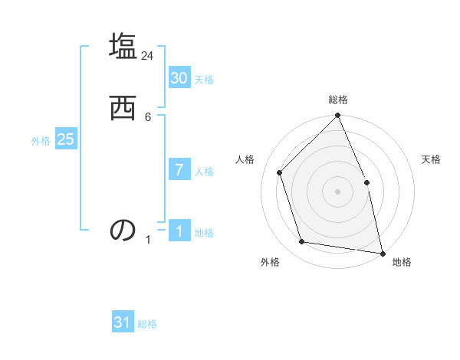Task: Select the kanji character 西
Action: point(123,109)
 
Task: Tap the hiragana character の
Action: point(123,231)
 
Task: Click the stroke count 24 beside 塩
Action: point(147,56)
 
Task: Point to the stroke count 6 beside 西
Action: point(148,116)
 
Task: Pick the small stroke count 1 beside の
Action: point(148,240)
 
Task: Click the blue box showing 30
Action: point(179,78)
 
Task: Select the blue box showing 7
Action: point(179,170)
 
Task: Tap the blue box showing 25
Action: point(65,139)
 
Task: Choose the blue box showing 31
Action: point(123,322)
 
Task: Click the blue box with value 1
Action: point(179,231)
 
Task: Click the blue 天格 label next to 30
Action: point(204,80)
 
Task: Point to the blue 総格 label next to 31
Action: point(147,324)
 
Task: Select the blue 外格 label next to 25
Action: point(41,141)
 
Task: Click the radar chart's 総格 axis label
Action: point(337,100)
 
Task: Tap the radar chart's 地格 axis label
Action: point(402,262)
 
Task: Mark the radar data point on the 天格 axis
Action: point(366,182)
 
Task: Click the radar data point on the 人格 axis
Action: point(280,172)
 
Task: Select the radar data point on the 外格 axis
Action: point(302,242)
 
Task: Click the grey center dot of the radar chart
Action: point(337,191)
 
